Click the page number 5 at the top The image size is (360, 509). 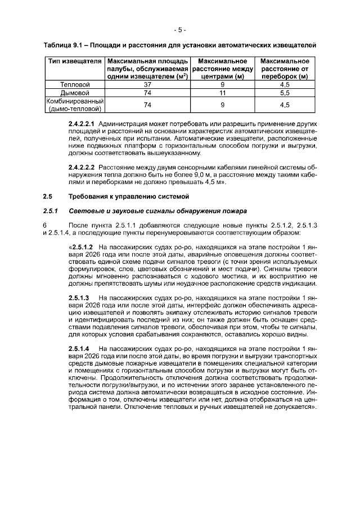[x=179, y=29]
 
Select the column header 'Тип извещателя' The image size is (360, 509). [x=74, y=61]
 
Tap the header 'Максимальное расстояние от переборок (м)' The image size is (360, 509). [x=284, y=68]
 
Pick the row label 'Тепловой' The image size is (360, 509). [x=74, y=84]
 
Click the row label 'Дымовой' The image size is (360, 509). [x=74, y=92]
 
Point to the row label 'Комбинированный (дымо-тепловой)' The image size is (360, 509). [x=74, y=105]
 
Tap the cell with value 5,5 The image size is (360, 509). [x=284, y=92]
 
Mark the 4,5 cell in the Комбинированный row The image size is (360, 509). [x=284, y=105]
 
